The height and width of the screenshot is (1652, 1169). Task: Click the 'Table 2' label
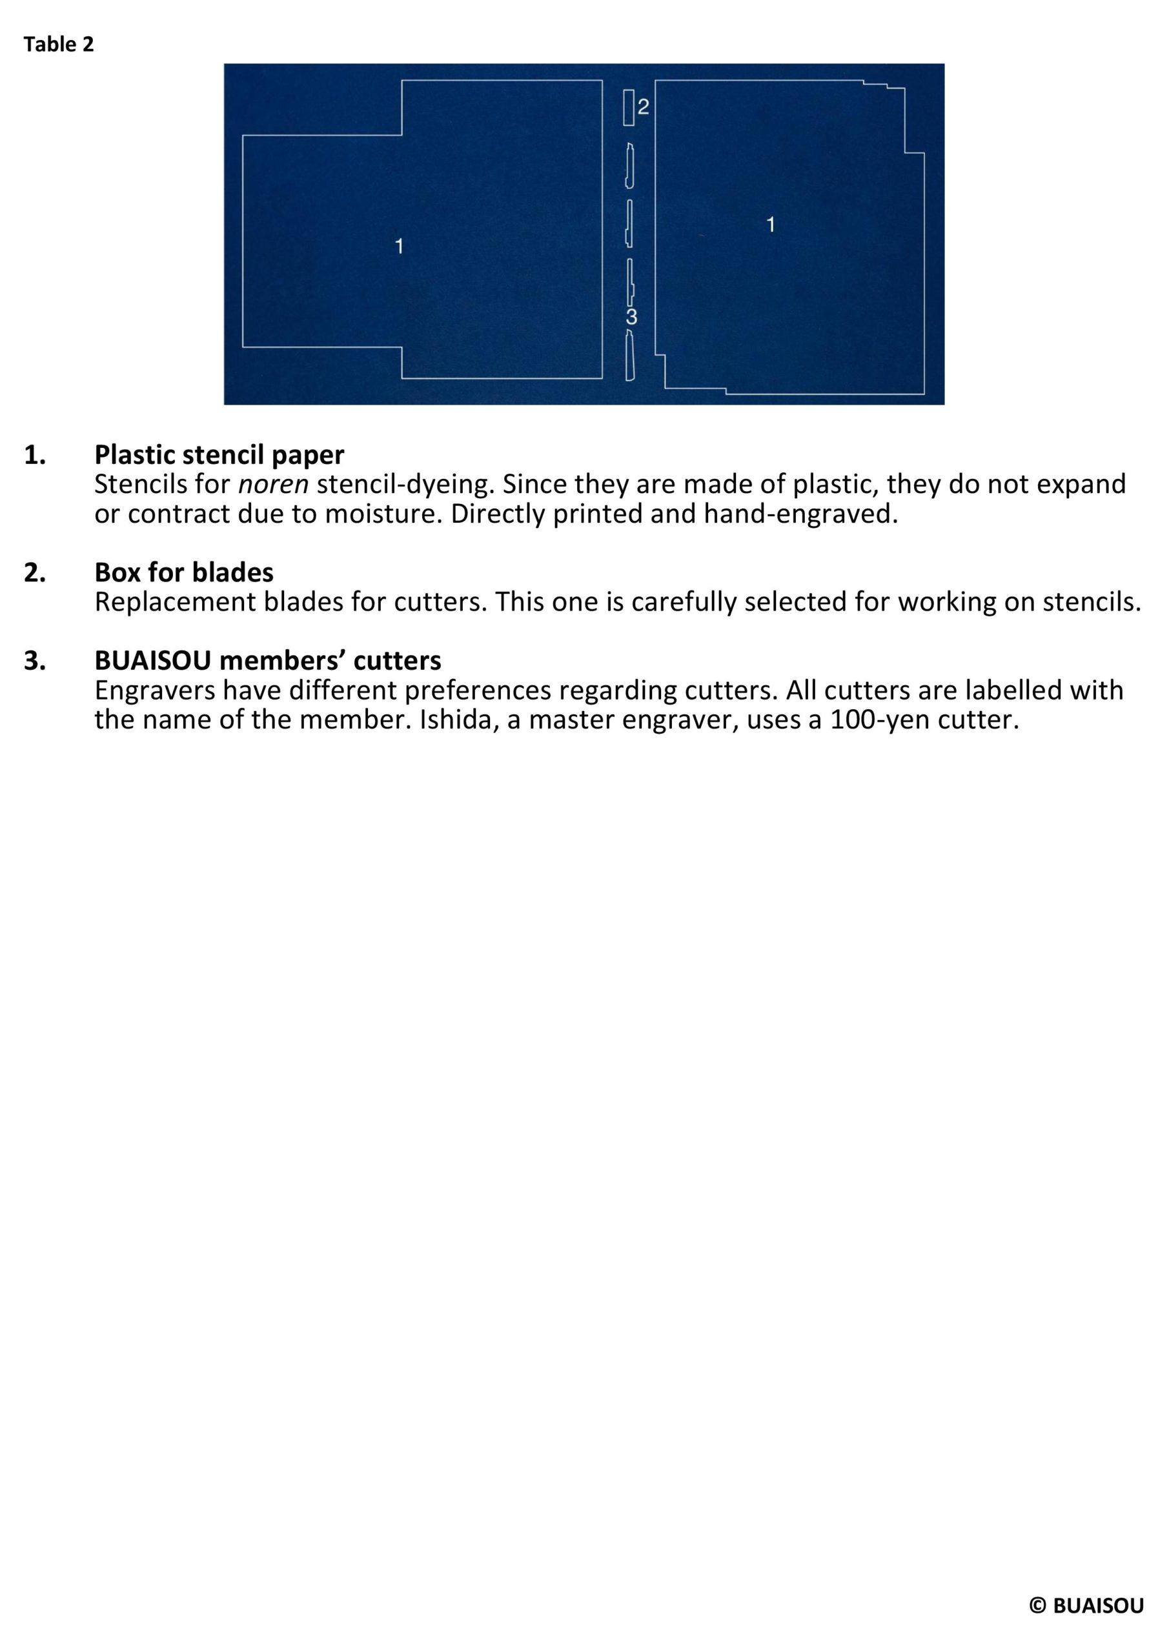(x=58, y=45)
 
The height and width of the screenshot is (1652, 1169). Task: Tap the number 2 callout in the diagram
(x=643, y=107)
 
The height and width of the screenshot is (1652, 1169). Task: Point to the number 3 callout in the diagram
(x=631, y=317)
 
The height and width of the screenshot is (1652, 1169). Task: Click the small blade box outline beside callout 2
(x=629, y=107)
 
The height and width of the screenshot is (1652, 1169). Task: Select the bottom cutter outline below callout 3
(x=630, y=356)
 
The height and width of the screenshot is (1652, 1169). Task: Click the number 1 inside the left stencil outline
(x=399, y=247)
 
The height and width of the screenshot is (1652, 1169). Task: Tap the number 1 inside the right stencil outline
(x=770, y=225)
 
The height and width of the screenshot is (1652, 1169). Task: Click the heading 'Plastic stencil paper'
(x=219, y=455)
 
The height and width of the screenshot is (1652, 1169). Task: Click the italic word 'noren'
(x=273, y=485)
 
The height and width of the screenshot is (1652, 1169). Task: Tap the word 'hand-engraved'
(x=800, y=514)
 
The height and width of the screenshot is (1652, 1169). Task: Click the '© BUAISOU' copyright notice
(x=1086, y=1606)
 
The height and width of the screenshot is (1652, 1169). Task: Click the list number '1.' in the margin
(x=36, y=455)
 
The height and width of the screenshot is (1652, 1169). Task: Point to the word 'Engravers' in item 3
(x=155, y=690)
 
